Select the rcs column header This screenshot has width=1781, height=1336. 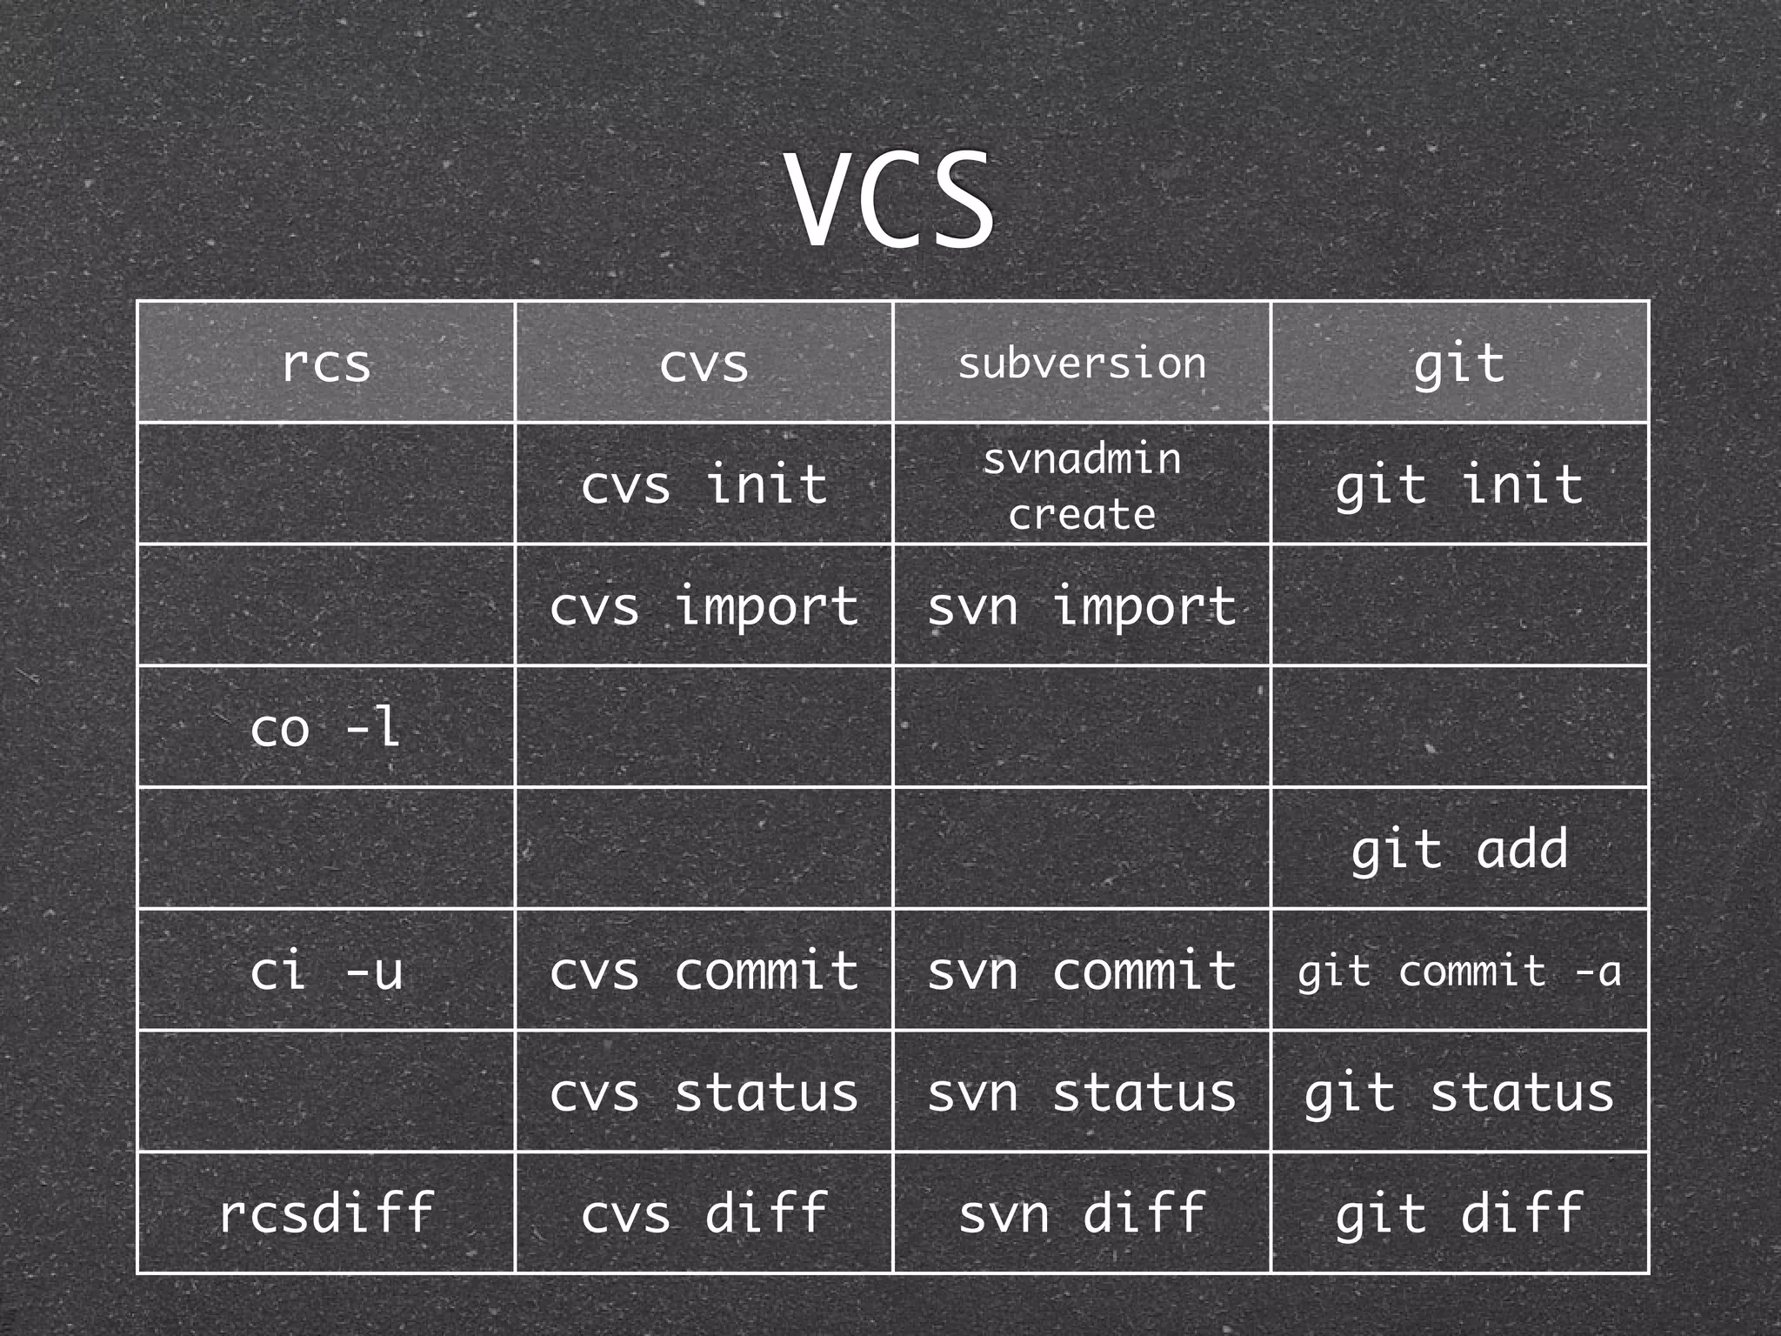(326, 363)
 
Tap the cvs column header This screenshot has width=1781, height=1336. (704, 363)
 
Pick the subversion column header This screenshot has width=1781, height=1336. (1082, 363)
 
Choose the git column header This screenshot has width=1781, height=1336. (1459, 363)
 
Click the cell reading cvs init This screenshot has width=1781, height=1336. (704, 484)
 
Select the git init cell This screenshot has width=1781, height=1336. (1459, 484)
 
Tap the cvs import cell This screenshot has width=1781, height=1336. (704, 606)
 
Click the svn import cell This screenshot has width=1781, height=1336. (1082, 606)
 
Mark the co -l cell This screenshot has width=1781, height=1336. (326, 727)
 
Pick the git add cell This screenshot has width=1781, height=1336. (1459, 849)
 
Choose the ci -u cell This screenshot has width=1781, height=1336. (326, 971)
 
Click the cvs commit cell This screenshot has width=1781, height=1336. (704, 971)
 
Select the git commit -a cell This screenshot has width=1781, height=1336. (1459, 971)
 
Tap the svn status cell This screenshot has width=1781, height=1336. (1082, 1092)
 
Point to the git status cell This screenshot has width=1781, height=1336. (1459, 1092)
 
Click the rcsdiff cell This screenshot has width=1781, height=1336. (326, 1213)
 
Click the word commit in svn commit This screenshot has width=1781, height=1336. (1144, 971)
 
